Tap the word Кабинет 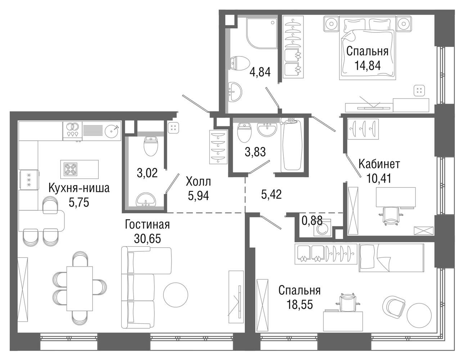[379, 164]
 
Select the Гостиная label [147, 225]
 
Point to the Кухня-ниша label [79, 188]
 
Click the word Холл [198, 182]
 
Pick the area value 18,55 [299, 304]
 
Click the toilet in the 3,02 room [151, 146]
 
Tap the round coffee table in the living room [176, 295]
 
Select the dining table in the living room [80, 288]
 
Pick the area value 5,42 [271, 194]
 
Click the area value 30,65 [148, 239]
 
